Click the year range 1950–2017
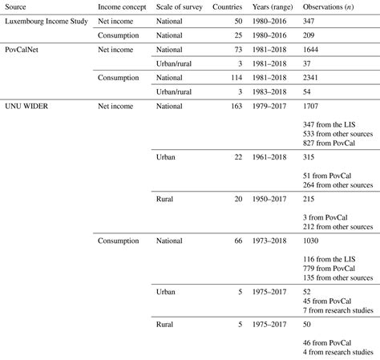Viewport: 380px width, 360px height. coord(276,197)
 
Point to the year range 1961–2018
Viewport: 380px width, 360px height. coord(276,158)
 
